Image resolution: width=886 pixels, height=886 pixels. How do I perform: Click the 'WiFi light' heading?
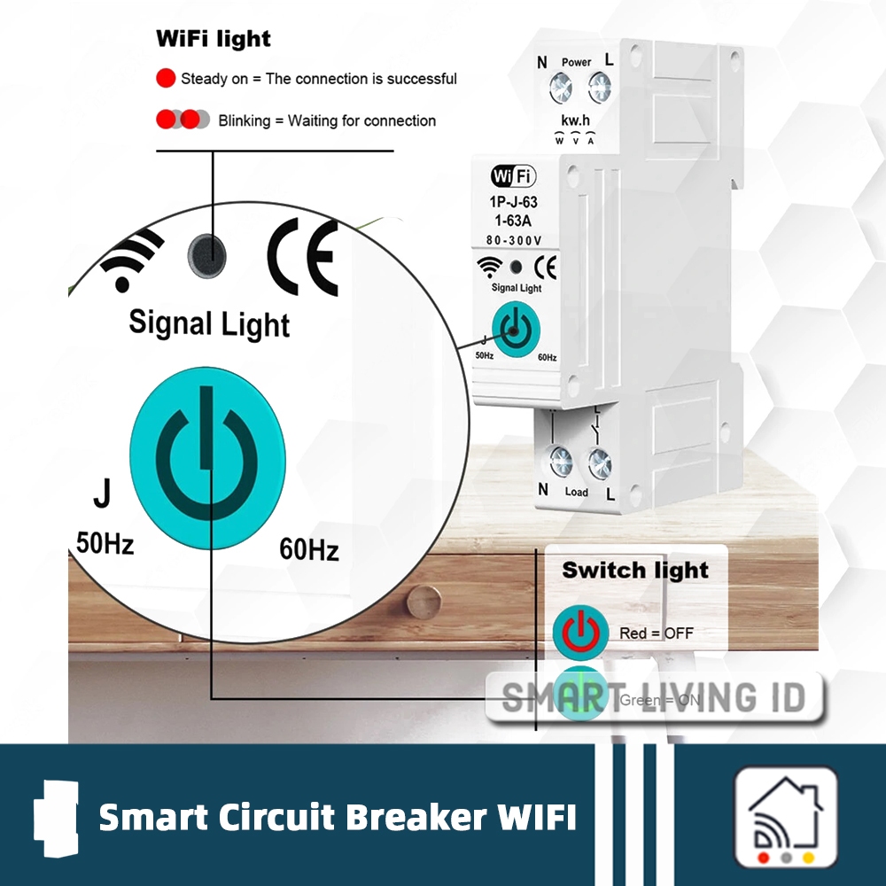(213, 39)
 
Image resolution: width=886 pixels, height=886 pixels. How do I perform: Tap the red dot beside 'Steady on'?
(166, 78)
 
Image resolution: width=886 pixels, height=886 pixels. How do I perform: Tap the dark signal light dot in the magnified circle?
(206, 255)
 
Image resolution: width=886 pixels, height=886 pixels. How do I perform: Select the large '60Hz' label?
(309, 549)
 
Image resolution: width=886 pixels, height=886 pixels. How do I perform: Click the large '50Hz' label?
(105, 543)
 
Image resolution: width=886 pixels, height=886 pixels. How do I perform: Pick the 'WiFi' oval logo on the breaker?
(514, 176)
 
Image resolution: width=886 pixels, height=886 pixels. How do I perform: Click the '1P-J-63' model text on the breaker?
(514, 203)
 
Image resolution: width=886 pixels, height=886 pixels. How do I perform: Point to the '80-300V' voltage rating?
(514, 239)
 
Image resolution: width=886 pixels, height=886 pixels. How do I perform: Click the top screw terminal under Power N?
(560, 87)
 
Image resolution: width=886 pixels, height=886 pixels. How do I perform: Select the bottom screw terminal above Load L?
(600, 462)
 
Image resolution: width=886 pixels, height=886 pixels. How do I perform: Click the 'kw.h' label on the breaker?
(576, 120)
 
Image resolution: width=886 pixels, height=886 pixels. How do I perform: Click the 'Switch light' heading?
(635, 570)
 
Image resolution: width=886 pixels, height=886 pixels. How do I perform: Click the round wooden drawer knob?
(424, 605)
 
